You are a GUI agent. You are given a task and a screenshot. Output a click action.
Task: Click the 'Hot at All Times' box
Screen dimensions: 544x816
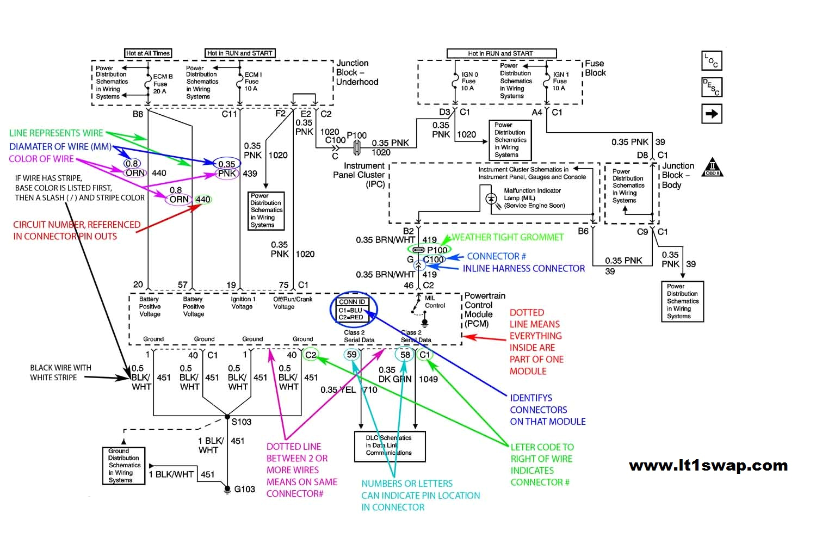pos(148,53)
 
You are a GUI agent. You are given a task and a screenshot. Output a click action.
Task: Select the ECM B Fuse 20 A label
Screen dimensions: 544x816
pos(162,84)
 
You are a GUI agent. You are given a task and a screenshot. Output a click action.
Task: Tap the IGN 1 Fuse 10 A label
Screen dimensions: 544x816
pos(560,81)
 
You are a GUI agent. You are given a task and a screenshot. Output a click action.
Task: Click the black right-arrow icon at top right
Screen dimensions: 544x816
pos(712,114)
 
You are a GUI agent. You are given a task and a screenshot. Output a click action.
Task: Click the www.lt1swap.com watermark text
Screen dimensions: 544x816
pos(708,466)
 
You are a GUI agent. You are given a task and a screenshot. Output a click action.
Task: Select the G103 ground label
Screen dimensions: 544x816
pos(244,489)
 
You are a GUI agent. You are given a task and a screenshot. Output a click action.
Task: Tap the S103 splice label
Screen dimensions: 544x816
pos(242,422)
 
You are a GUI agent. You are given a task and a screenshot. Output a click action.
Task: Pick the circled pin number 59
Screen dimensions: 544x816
pos(352,355)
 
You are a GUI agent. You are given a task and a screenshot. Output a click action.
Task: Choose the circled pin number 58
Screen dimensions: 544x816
pos(405,355)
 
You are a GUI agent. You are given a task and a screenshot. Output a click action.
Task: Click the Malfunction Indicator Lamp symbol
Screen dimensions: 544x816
pos(491,199)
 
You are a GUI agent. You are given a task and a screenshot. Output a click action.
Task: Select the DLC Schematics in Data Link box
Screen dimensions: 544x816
pos(390,446)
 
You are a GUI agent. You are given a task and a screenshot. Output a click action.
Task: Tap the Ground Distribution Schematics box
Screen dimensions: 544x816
pos(123,466)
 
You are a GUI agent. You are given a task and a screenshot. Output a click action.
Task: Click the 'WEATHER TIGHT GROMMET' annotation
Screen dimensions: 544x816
pos(507,237)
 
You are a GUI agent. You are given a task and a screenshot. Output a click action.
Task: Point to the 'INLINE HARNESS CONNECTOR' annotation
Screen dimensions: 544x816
pos(523,269)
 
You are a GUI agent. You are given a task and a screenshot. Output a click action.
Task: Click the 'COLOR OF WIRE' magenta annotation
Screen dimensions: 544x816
pos(41,159)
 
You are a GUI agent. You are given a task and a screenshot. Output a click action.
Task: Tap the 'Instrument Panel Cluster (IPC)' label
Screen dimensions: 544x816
pos(359,175)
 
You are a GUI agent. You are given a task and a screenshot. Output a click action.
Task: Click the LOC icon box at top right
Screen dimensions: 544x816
pos(712,61)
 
